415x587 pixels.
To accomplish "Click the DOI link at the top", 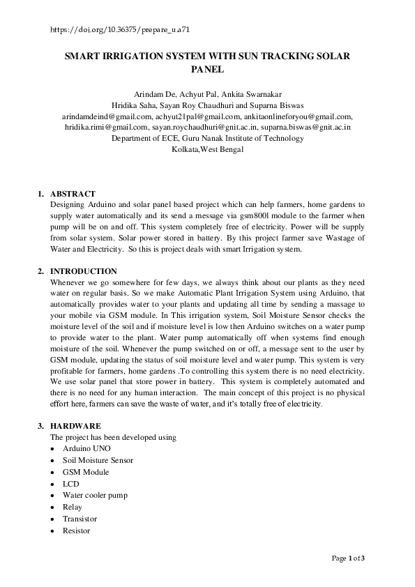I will tap(121, 31).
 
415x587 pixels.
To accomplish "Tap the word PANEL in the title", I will tap(207, 69).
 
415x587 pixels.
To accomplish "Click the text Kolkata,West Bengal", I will tap(207, 150).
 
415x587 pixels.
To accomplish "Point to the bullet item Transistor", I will tap(80, 519).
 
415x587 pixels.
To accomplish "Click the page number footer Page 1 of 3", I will tap(348, 558).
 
